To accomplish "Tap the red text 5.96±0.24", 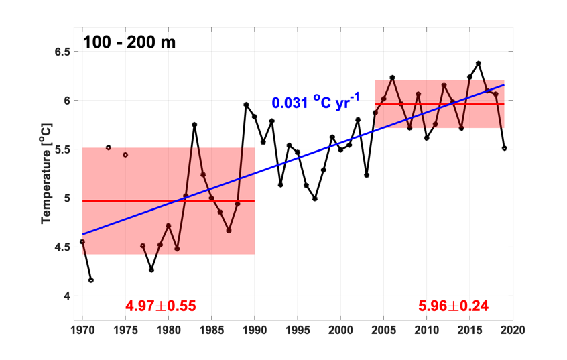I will [453, 306].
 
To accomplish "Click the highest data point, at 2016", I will [479, 64].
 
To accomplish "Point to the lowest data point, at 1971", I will [91, 280].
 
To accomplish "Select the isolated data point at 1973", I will [108, 147].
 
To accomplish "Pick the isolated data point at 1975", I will [125, 155].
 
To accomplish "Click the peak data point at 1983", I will [194, 125].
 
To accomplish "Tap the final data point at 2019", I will [504, 148].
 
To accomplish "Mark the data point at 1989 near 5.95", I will [246, 105].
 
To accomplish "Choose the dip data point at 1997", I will [315, 198].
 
